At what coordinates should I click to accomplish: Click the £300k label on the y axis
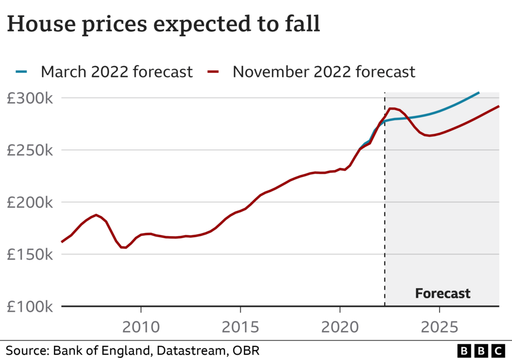tap(29, 99)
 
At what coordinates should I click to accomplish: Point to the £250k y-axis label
tap(29, 151)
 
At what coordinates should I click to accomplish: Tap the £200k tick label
tap(29, 203)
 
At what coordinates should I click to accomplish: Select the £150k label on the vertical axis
tap(29, 255)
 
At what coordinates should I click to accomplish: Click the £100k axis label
tap(29, 307)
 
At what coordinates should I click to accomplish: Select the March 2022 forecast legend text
tap(116, 71)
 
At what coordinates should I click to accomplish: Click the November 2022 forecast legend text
tap(324, 71)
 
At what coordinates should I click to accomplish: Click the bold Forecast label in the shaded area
tap(442, 293)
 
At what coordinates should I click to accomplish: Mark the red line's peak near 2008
tap(96, 215)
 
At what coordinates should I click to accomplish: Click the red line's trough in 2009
tap(123, 247)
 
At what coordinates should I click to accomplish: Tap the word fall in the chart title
tap(302, 25)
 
